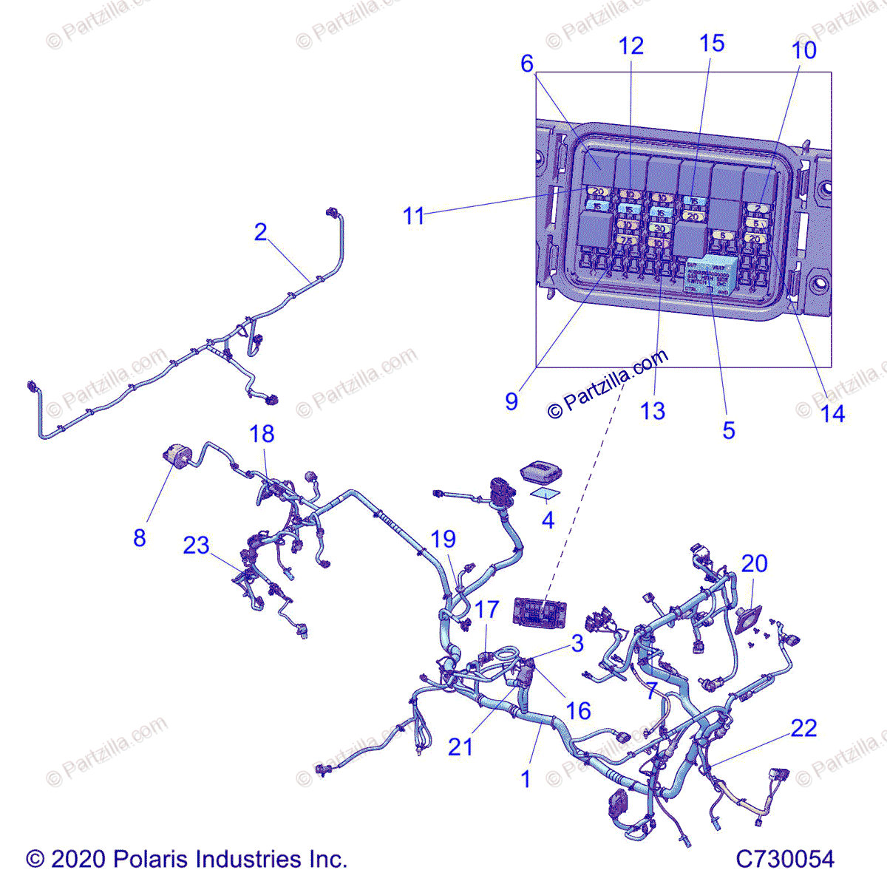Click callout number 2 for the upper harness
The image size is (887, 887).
pyautogui.click(x=260, y=232)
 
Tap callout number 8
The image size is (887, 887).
pyautogui.click(x=140, y=537)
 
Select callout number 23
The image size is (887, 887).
pyautogui.click(x=197, y=546)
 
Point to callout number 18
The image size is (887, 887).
pyautogui.click(x=262, y=434)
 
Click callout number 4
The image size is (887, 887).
pyautogui.click(x=548, y=520)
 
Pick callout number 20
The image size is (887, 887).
pyautogui.click(x=754, y=563)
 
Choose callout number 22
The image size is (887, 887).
pyautogui.click(x=803, y=728)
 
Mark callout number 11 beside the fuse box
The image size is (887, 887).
pyautogui.click(x=414, y=216)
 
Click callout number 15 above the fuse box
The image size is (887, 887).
pyautogui.click(x=712, y=44)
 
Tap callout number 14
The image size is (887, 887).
pyautogui.click(x=832, y=413)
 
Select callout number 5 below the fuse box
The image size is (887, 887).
pyautogui.click(x=729, y=430)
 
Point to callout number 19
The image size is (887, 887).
pyautogui.click(x=443, y=539)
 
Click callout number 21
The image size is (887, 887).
pyautogui.click(x=460, y=747)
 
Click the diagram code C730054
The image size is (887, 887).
pyautogui.click(x=784, y=859)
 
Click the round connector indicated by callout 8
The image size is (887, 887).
pyautogui.click(x=177, y=453)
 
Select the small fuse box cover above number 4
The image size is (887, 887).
pyautogui.click(x=540, y=472)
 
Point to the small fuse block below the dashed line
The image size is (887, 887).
pyautogui.click(x=541, y=612)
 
